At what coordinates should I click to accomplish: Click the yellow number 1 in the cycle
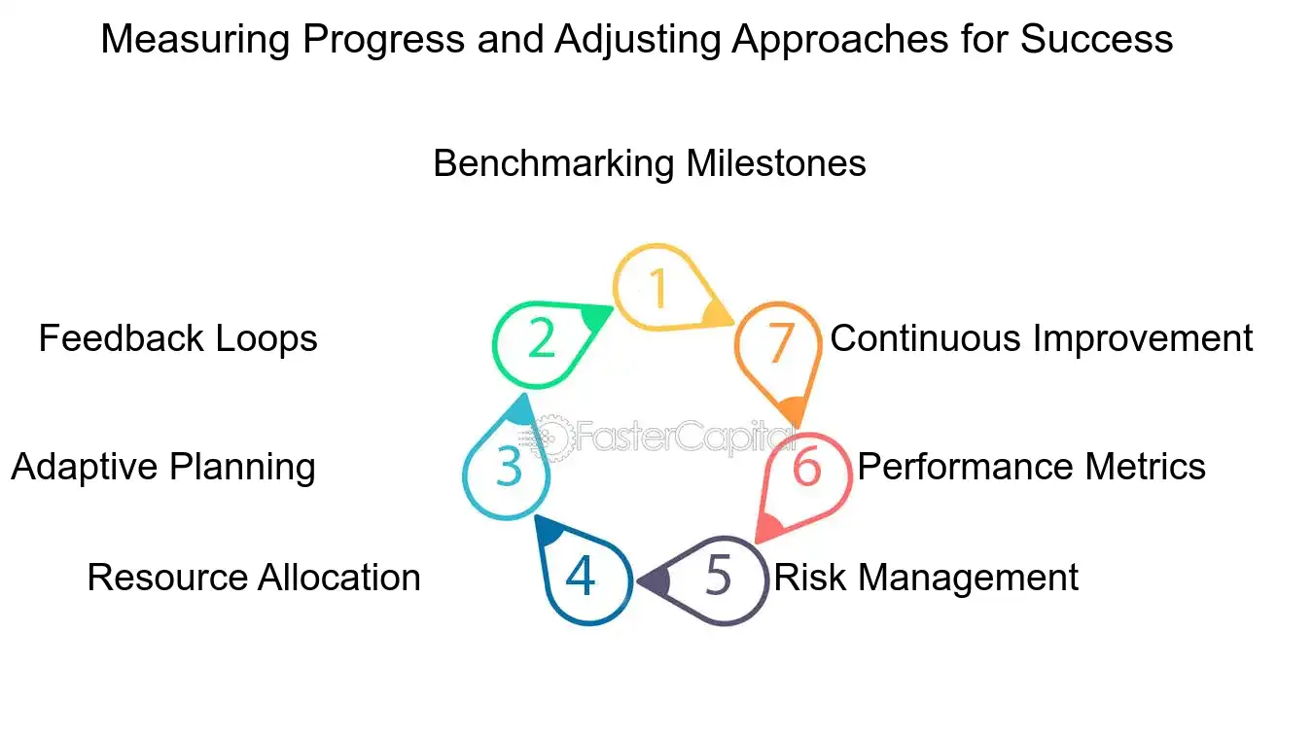click(x=658, y=288)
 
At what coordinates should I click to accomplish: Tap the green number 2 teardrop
click(x=541, y=339)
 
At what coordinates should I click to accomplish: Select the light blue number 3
click(x=508, y=468)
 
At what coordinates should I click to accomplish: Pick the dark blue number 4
click(x=581, y=577)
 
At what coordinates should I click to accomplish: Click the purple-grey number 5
click(x=717, y=577)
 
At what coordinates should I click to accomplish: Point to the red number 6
click(x=806, y=468)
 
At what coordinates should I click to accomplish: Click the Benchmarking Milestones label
click(x=649, y=162)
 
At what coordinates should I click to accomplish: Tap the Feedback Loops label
click(x=178, y=338)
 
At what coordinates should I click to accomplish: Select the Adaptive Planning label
click(x=163, y=467)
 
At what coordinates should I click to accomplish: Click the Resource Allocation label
click(x=253, y=578)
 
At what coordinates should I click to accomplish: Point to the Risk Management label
click(x=925, y=578)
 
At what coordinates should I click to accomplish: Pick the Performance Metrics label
click(x=1031, y=467)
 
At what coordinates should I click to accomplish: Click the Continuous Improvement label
click(x=1041, y=338)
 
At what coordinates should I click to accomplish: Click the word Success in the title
click(x=1096, y=39)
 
